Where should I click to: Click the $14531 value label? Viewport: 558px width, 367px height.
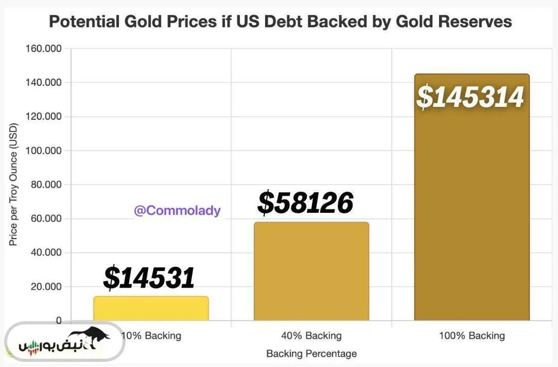pos(148,277)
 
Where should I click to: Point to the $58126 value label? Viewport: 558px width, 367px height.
pos(306,203)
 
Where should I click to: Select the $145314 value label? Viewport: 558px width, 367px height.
pos(471,97)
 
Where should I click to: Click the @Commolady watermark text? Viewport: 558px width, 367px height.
pos(177,210)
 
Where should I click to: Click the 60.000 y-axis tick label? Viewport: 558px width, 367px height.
pos(46,218)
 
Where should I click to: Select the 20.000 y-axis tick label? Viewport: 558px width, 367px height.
pos(46,287)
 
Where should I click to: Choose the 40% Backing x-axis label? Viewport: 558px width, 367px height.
pos(311,335)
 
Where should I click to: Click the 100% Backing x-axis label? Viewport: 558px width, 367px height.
pos(472,335)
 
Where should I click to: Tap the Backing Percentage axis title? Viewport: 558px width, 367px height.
pos(311,354)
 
